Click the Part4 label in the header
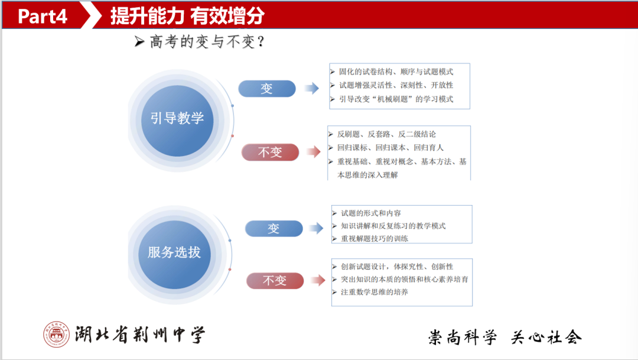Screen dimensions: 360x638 pyautogui.click(x=43, y=16)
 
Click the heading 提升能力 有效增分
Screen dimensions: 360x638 pyautogui.click(x=187, y=16)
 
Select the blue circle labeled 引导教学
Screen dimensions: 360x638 pyautogui.click(x=177, y=118)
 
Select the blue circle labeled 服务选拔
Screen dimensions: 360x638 pyautogui.click(x=174, y=253)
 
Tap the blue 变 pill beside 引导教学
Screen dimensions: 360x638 pyautogui.click(x=266, y=89)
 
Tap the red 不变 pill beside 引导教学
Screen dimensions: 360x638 pyautogui.click(x=270, y=153)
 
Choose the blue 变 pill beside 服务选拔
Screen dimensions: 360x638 pyautogui.click(x=274, y=229)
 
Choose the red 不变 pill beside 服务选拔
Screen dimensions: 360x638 pyautogui.click(x=274, y=281)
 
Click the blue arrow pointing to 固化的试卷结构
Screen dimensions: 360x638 pyautogui.click(x=311, y=89)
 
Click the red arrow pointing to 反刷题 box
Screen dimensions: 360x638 pyautogui.click(x=311, y=153)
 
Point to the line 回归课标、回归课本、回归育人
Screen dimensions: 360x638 pyautogui.click(x=390, y=147)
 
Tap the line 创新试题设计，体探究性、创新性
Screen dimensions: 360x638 pyautogui.click(x=396, y=266)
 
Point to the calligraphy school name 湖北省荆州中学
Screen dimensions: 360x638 pyautogui.click(x=141, y=336)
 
